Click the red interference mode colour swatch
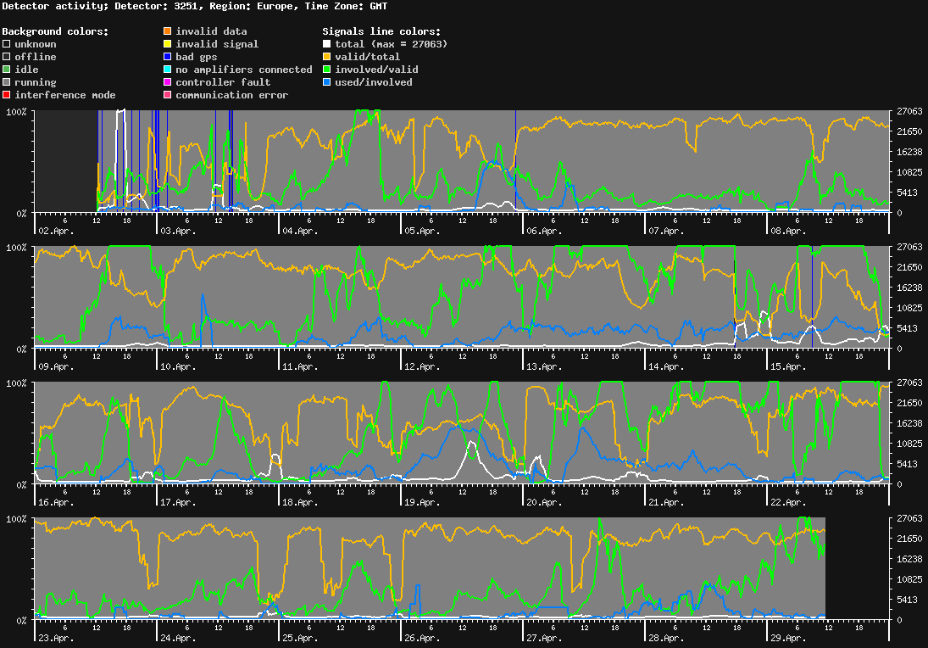(7, 95)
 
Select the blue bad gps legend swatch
(168, 57)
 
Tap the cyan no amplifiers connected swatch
(168, 70)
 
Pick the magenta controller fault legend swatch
(168, 82)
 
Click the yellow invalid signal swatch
(168, 44)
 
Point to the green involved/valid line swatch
(327, 70)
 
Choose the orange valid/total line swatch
(327, 57)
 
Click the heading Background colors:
(55, 31)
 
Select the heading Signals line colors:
(381, 31)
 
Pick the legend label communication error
(231, 95)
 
